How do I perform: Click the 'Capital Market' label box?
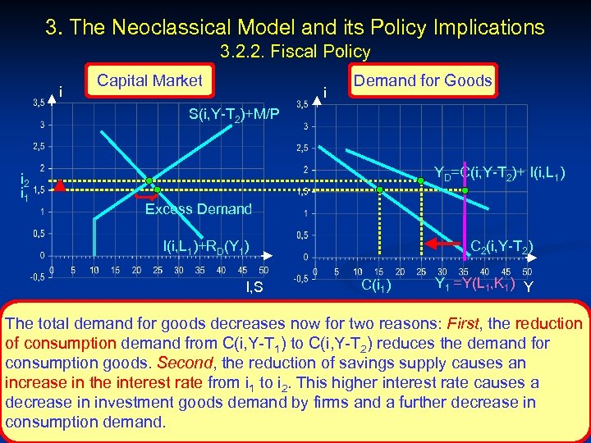pos(149,80)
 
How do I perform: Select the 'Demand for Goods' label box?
pos(423,80)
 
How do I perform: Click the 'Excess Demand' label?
pos(198,209)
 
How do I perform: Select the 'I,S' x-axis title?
pos(254,286)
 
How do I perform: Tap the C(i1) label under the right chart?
pos(376,285)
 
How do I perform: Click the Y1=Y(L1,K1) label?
pos(474,285)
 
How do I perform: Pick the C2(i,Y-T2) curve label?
pos(502,244)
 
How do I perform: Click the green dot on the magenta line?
pos(465,190)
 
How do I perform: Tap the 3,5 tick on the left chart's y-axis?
pos(39,103)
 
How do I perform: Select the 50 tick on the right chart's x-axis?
pos(527,272)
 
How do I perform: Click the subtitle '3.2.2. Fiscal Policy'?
pos(295,52)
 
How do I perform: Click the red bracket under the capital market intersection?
pos(147,198)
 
